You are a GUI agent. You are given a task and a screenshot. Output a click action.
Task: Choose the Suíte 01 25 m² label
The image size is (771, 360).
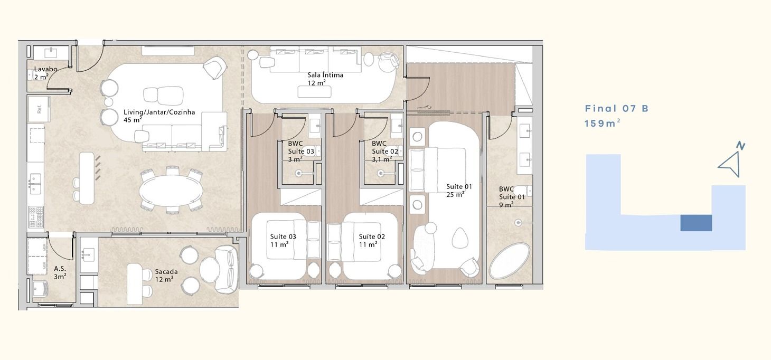pyautogui.click(x=459, y=191)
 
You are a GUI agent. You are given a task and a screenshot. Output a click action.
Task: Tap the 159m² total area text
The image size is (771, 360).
pyautogui.click(x=603, y=123)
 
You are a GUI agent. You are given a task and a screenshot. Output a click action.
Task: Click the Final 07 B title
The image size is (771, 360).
pyautogui.click(x=616, y=108)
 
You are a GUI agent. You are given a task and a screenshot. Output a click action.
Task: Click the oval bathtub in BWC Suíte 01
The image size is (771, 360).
pyautogui.click(x=510, y=261)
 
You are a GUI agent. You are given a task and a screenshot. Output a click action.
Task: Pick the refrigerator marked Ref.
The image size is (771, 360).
pyautogui.click(x=39, y=109)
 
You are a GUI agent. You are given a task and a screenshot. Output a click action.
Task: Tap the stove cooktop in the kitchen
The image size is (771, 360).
pyautogui.click(x=36, y=217)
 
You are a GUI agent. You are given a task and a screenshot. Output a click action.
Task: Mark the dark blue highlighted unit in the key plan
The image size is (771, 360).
pyautogui.click(x=696, y=223)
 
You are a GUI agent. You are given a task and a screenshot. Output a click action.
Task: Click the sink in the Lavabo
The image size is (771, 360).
pyautogui.click(x=51, y=52)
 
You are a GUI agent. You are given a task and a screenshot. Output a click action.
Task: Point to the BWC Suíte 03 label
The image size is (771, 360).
pyautogui.click(x=301, y=151)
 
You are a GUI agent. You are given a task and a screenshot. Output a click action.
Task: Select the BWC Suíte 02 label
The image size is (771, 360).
pyautogui.click(x=385, y=151)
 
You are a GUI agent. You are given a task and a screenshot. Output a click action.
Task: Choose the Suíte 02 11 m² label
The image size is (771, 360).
pyautogui.click(x=372, y=240)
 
